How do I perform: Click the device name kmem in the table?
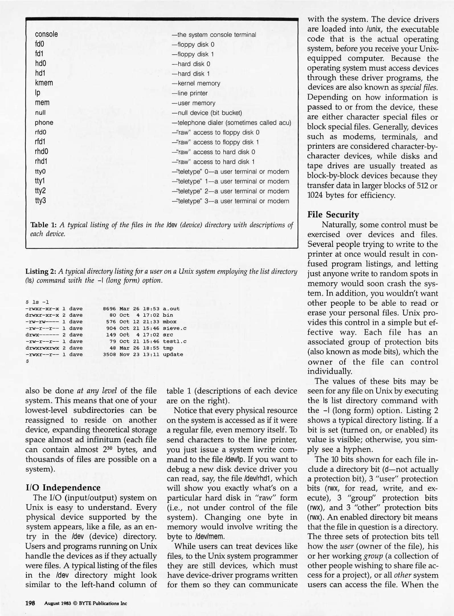(44, 83)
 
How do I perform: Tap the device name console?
(46, 34)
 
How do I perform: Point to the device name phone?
(44, 123)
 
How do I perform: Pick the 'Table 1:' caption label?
(43, 225)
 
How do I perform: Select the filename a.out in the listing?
(171, 309)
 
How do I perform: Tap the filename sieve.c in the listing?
(174, 328)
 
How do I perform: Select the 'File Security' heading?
(333, 214)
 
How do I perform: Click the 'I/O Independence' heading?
(63, 488)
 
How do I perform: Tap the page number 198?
(30, 603)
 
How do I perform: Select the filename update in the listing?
(173, 354)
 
